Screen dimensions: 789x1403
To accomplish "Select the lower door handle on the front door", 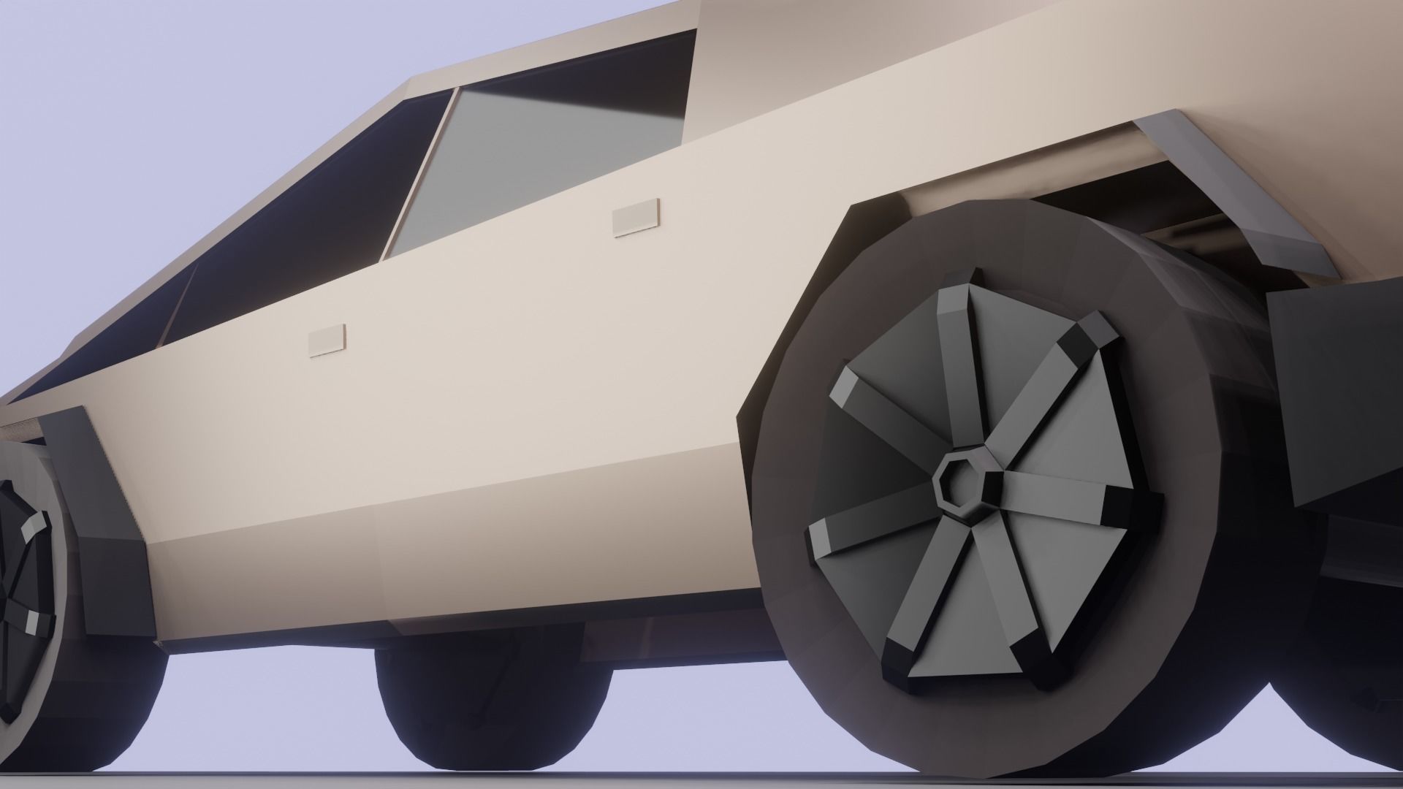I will click(x=327, y=340).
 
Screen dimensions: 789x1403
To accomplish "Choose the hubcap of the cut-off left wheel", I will click(x=22, y=584).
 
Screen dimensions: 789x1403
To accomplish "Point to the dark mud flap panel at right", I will click(x=1337, y=387).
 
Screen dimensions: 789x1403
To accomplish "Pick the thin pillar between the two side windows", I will click(x=417, y=175).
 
